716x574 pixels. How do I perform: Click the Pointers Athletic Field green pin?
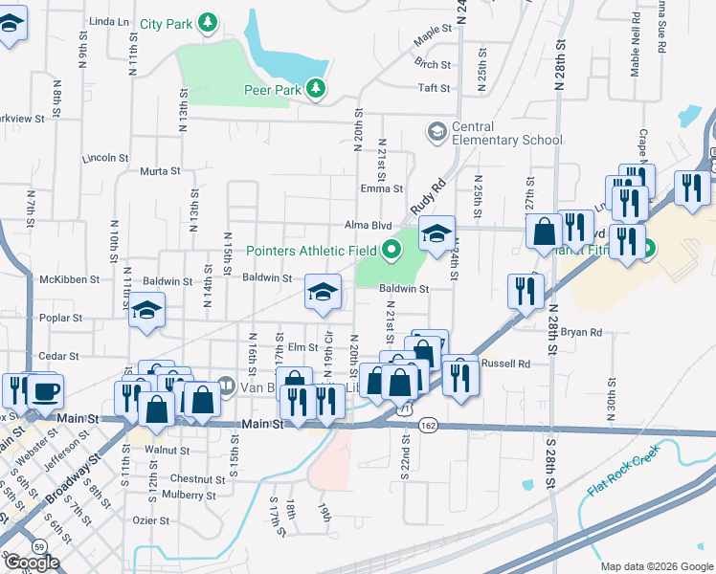click(391, 251)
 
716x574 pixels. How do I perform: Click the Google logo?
click(32, 563)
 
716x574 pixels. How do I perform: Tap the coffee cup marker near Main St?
click(44, 391)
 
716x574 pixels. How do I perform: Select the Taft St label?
click(434, 88)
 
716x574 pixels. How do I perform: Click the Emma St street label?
click(382, 189)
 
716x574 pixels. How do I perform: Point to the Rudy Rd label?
click(429, 198)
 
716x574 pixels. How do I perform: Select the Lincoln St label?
click(105, 158)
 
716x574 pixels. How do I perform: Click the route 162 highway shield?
click(428, 424)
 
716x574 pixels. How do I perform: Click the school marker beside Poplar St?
click(146, 311)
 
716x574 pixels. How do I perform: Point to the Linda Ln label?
click(108, 20)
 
